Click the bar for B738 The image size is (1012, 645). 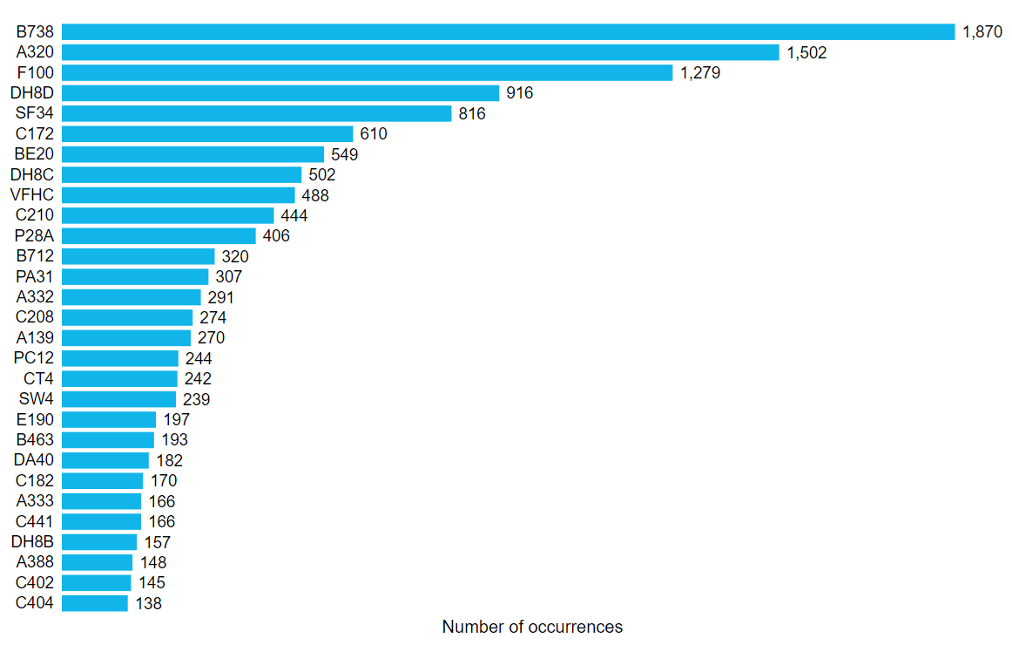[x=509, y=32]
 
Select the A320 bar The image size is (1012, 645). [x=421, y=52]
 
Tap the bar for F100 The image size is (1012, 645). [x=368, y=72]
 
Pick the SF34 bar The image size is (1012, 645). [x=257, y=113]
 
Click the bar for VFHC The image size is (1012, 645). [x=179, y=194]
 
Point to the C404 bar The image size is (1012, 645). [x=95, y=603]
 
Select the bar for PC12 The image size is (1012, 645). [x=120, y=358]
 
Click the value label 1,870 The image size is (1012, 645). [x=983, y=32]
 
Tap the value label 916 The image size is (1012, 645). [x=520, y=93]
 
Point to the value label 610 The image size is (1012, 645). [x=374, y=134]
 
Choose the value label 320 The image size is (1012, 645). [x=235, y=256]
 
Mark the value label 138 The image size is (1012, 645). [x=148, y=603]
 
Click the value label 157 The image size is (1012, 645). [x=158, y=542]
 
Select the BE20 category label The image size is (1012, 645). [x=35, y=154]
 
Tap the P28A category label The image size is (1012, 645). [x=35, y=235]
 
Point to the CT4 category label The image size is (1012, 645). [x=39, y=378]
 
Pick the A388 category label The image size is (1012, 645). [x=35, y=562]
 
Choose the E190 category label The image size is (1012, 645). [x=35, y=419]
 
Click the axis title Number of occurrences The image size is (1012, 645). [x=532, y=627]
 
